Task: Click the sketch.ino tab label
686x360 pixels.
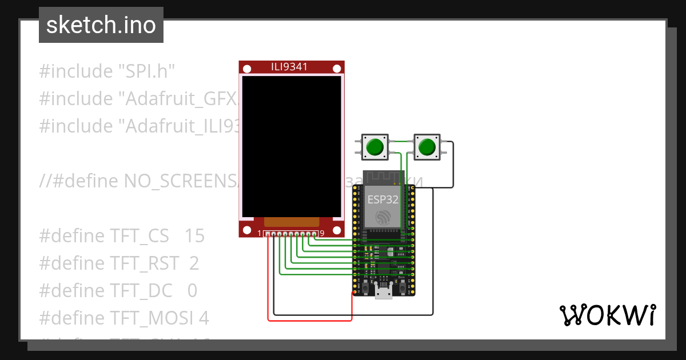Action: point(101,25)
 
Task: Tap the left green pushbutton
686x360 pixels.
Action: point(374,147)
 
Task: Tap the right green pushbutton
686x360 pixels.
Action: point(426,147)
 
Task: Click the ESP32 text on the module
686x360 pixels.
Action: point(382,199)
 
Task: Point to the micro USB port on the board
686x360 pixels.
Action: point(384,292)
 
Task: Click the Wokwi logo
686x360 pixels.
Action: point(607,315)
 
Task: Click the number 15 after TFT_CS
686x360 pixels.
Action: point(195,236)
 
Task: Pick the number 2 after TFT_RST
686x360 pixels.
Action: point(194,263)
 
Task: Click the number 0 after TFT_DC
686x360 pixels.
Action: point(192,291)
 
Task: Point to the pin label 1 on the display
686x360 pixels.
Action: point(259,233)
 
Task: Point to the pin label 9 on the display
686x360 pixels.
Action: point(322,233)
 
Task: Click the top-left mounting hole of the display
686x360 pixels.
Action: point(247,69)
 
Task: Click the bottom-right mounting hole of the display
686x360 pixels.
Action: point(336,230)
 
